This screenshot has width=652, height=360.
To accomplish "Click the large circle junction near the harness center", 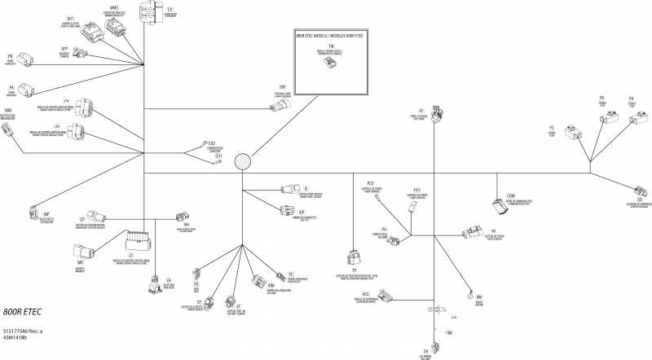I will [243, 162].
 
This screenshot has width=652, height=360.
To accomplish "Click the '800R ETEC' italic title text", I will [22, 313].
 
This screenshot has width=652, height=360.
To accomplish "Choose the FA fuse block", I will [628, 116].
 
